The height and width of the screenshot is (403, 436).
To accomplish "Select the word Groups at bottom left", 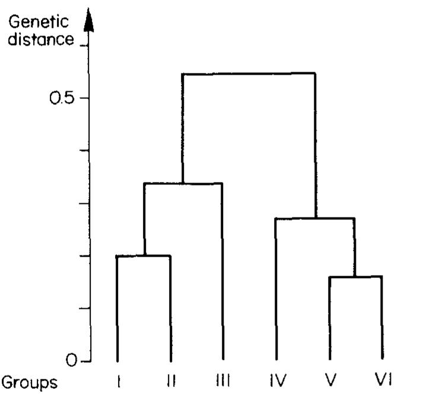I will pos(30,382).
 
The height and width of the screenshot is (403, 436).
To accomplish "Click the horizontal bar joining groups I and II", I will pos(144,256).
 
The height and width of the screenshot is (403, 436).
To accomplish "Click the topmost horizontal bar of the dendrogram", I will pos(248,74).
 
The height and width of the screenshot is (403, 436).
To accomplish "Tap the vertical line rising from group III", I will pos(222,273).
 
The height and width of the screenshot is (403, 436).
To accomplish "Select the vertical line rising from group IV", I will pos(276,290).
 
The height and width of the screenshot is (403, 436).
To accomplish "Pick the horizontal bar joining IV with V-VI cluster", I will pos(315,219).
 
